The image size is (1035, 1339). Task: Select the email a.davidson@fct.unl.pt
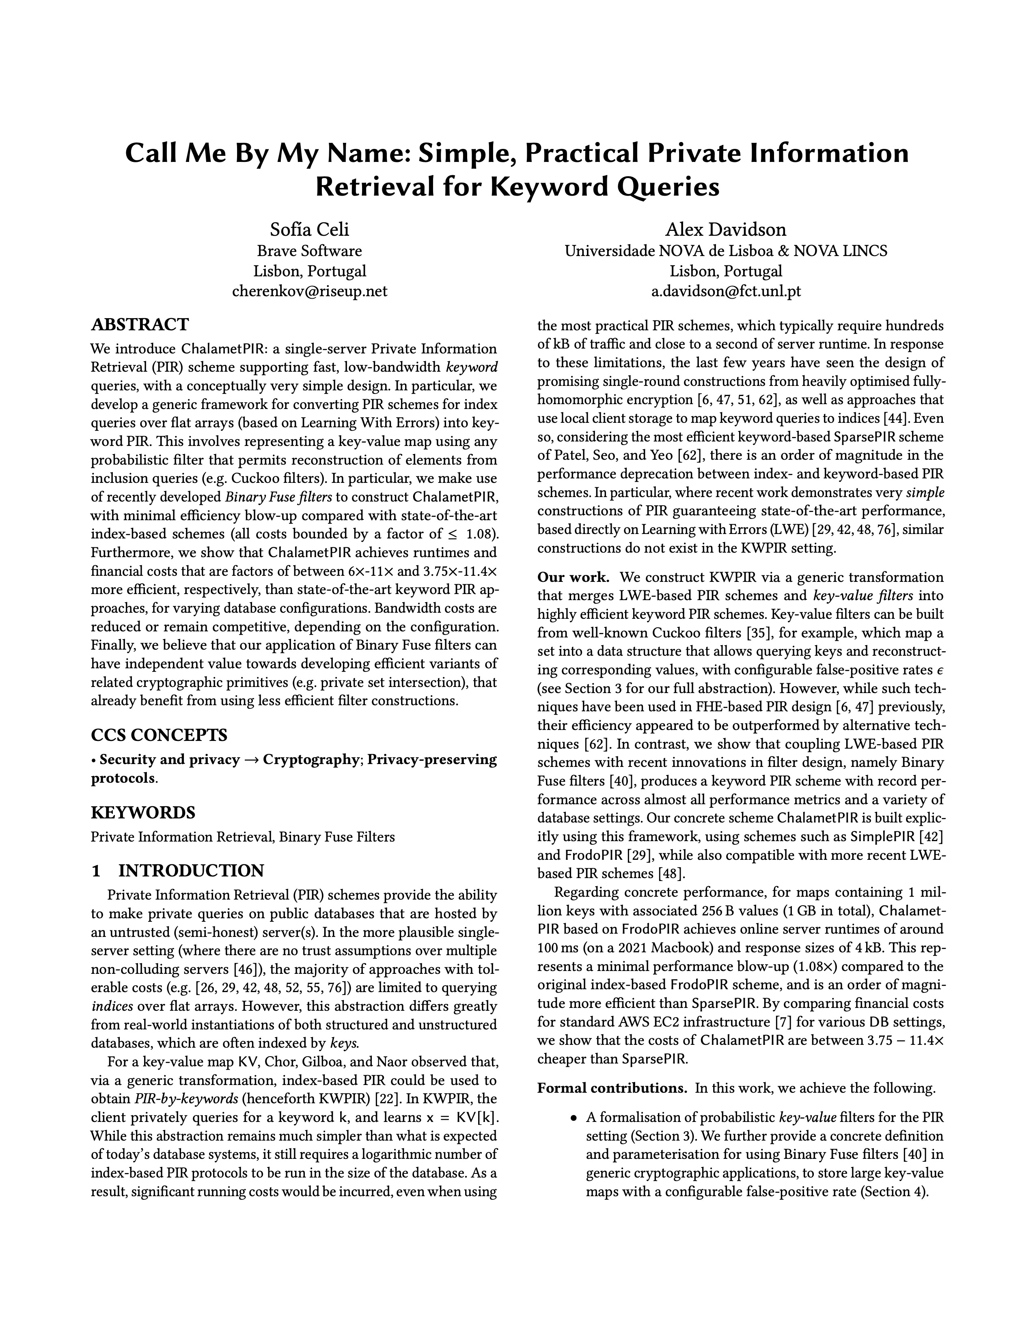pyautogui.click(x=725, y=291)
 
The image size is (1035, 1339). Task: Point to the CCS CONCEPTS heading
pyautogui.click(x=159, y=734)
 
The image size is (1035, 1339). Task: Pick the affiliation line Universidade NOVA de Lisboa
pyautogui.click(x=725, y=251)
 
